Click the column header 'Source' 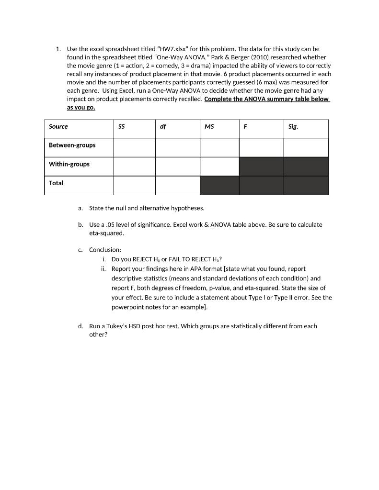coord(58,127)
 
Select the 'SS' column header coord(121,127)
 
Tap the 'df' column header coord(163,127)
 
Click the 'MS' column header coord(209,127)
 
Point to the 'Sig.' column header coord(293,127)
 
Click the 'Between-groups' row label coord(72,145)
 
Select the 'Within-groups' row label coord(69,164)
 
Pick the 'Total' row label coord(56,183)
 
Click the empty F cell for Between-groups coord(261,147)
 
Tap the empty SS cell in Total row coord(134,185)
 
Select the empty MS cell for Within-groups coord(219,166)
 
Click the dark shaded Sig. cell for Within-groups coord(306,166)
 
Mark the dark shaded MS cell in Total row coord(219,185)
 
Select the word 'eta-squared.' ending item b coord(106,234)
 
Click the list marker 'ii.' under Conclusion coord(104,269)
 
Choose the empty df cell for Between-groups coord(177,147)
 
